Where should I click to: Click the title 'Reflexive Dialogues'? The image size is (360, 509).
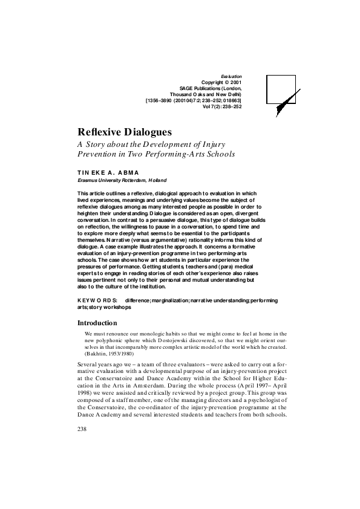click(x=125, y=132)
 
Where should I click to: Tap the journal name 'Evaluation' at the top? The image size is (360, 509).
click(x=231, y=76)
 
